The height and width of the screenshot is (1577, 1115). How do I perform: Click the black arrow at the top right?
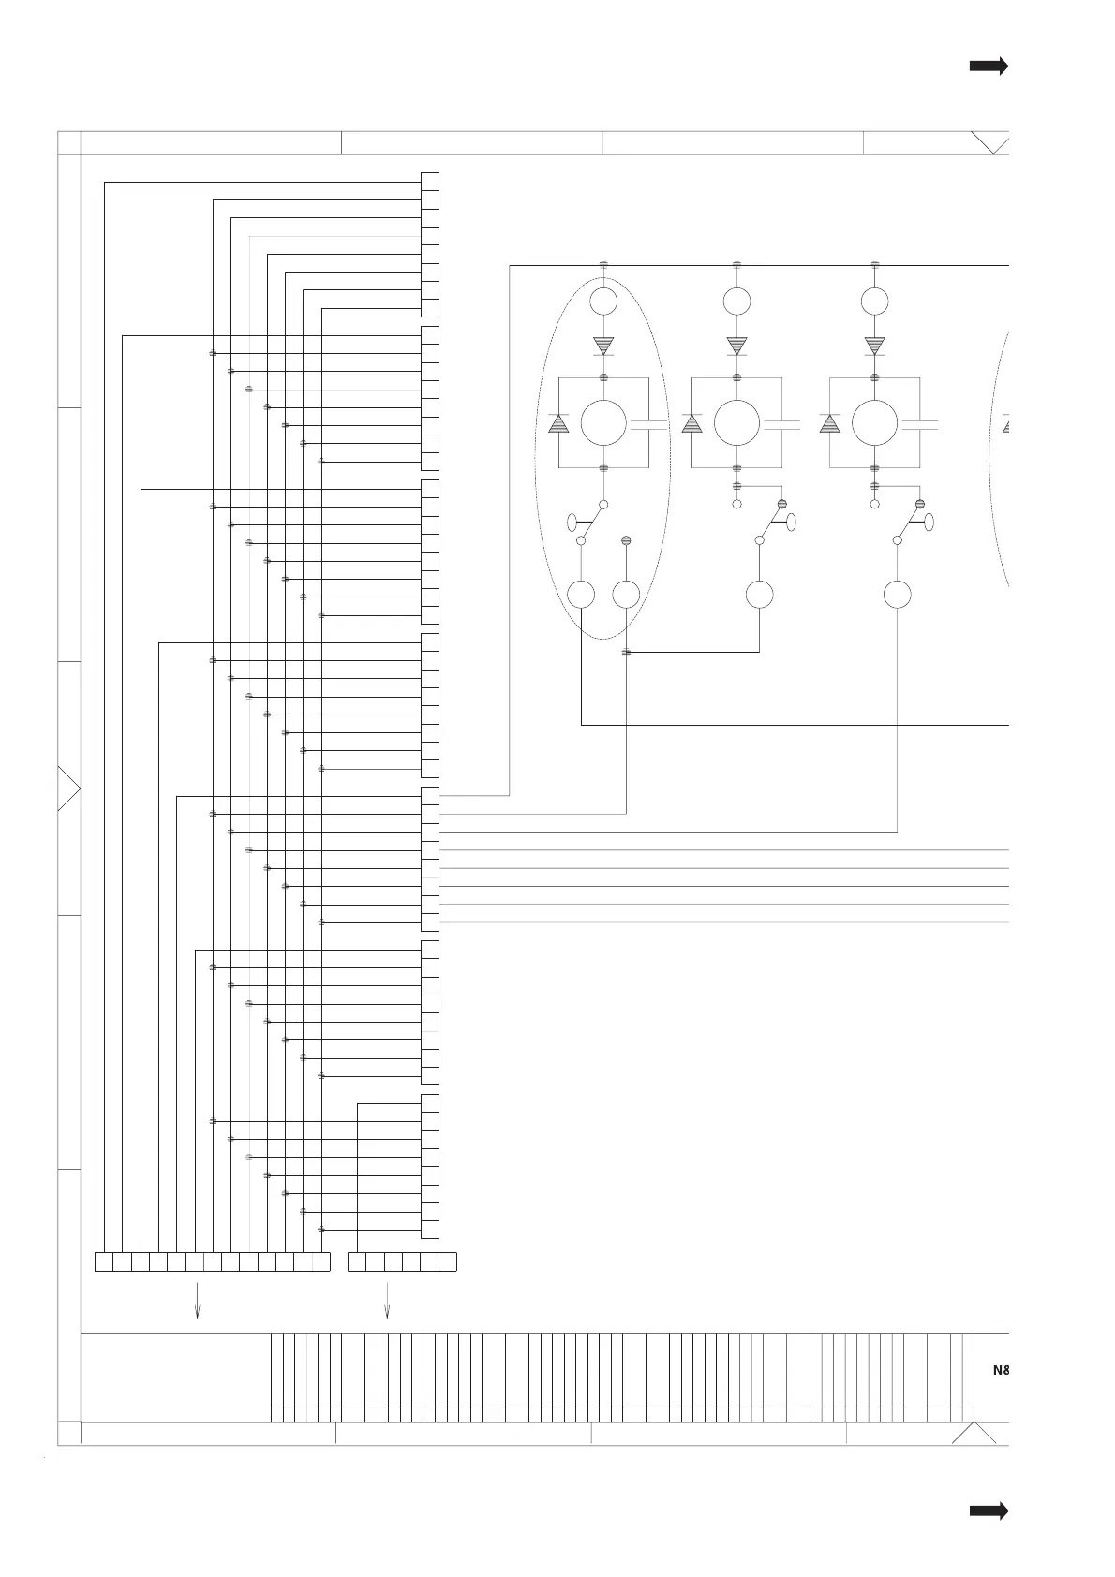point(989,66)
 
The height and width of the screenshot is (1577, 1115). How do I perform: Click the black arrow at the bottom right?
point(989,1511)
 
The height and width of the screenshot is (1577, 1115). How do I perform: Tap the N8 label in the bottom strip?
point(1001,1369)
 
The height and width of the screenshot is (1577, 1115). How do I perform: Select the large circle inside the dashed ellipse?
point(603,422)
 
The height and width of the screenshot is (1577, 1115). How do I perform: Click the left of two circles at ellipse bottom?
point(582,595)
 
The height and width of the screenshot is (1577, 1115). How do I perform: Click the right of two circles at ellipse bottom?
point(626,595)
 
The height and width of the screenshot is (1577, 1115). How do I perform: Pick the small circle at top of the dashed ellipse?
point(603,302)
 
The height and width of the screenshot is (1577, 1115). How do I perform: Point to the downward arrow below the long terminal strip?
point(197,1300)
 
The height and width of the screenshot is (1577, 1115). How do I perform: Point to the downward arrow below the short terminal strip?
point(387,1300)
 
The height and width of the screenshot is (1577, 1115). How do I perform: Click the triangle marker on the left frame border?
point(67,788)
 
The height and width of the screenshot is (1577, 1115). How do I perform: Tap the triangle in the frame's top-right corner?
point(991,141)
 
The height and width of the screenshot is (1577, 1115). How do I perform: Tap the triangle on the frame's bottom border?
point(974,1435)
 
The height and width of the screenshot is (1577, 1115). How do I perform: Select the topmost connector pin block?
point(430,244)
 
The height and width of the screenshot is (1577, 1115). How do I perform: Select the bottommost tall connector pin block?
point(430,1166)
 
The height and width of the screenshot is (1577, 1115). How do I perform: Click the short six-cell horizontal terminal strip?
point(402,1261)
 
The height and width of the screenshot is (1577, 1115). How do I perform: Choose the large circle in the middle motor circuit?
point(736,422)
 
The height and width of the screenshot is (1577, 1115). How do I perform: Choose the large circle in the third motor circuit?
point(874,422)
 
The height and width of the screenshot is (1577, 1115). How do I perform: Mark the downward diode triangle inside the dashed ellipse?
point(603,346)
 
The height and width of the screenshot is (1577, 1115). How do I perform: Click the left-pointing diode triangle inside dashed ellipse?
point(558,423)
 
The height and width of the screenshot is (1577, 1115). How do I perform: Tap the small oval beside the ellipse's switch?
point(572,522)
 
